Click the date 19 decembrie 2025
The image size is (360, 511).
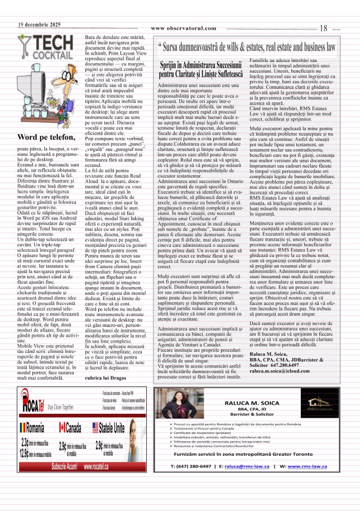click(39, 25)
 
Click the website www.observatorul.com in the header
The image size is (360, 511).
click(183, 28)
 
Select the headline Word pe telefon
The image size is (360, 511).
click(45, 137)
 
